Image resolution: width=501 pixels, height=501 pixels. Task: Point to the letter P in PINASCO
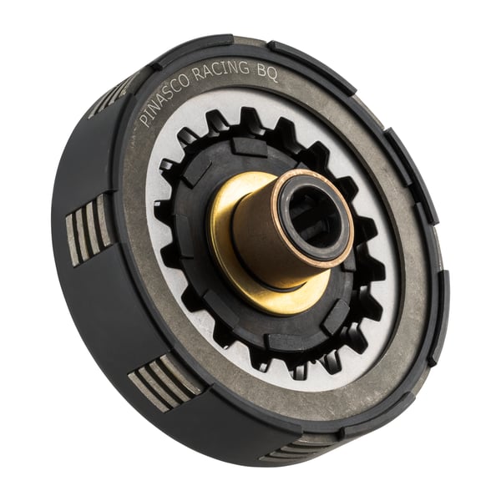click(144, 119)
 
